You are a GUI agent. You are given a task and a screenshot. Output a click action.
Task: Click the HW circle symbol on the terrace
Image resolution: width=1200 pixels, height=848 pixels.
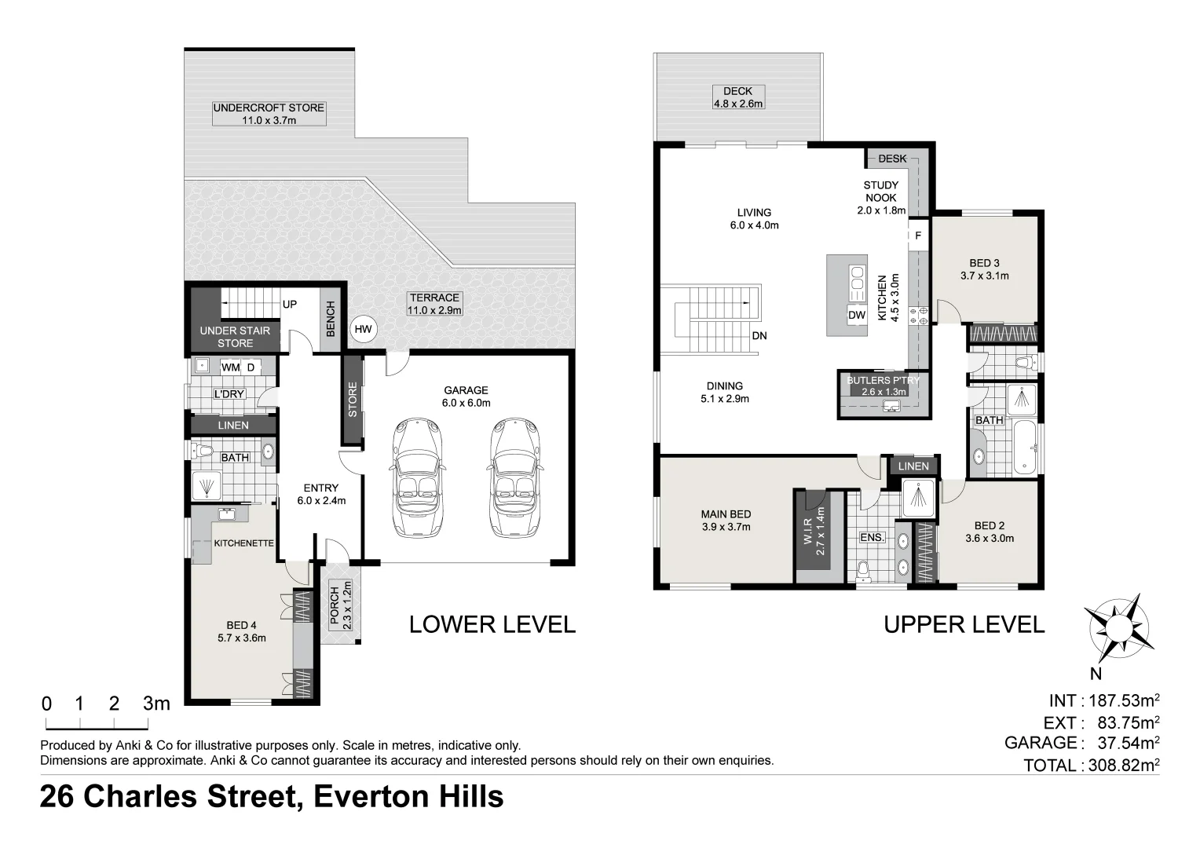tap(363, 330)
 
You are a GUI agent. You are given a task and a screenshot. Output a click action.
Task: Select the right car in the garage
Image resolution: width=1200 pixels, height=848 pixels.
tap(515, 478)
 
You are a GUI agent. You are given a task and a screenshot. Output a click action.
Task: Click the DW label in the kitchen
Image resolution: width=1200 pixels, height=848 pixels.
tap(857, 315)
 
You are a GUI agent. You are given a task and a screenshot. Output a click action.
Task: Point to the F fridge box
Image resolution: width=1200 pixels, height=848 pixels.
tap(917, 236)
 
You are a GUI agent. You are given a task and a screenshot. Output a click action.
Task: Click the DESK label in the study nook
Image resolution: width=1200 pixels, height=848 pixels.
tap(892, 159)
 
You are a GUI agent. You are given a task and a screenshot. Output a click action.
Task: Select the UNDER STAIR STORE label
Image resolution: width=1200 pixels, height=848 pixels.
tap(235, 337)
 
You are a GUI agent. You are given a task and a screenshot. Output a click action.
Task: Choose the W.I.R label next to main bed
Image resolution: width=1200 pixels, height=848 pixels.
tap(819, 532)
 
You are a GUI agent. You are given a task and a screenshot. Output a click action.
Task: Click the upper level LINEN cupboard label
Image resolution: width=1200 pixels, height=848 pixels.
tap(913, 466)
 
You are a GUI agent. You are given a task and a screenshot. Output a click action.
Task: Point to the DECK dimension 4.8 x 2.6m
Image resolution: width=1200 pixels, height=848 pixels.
tap(737, 104)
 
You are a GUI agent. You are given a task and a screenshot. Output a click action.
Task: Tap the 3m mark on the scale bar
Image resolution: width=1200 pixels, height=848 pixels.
tap(156, 704)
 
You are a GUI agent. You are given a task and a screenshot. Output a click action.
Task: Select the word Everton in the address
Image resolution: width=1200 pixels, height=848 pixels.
tap(368, 797)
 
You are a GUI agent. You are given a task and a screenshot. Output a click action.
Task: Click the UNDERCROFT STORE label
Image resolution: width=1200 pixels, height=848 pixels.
tap(269, 108)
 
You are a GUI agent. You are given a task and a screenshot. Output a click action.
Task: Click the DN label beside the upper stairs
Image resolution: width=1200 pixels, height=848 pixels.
tap(759, 336)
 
